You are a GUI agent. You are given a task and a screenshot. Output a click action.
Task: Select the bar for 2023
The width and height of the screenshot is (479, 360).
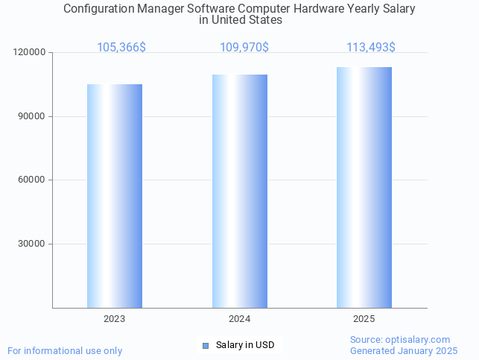pos(115,195)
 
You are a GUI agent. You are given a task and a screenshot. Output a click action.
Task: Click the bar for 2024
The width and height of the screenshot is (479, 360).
pos(240,191)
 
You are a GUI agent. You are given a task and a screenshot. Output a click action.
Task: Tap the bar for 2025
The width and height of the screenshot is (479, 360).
pos(364,187)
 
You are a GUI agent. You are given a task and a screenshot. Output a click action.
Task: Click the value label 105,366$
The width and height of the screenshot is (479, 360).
pos(121,48)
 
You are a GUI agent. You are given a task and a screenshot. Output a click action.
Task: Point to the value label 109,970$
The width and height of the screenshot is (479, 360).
pos(244,48)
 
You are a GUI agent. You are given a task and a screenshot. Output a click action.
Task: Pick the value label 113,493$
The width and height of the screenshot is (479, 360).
pos(371,48)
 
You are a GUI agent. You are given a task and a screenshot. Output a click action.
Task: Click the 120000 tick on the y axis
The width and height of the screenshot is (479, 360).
pos(30,53)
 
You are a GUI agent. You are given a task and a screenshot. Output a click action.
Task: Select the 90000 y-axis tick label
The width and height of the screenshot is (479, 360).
pos(32,116)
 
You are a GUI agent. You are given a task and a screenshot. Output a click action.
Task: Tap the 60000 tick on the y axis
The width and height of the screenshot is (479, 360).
pos(32,180)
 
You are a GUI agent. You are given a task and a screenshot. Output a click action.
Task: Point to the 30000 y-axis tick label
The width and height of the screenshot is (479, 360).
pos(32,244)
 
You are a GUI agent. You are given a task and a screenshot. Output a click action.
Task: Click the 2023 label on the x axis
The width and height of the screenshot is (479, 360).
pos(115,319)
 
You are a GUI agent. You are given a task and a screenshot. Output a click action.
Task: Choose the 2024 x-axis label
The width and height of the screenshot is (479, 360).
pos(239,319)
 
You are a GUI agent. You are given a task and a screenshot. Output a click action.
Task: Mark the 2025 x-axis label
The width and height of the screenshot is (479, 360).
pos(364,319)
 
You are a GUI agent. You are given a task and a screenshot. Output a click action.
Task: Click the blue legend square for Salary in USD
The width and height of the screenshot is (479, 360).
pos(206,345)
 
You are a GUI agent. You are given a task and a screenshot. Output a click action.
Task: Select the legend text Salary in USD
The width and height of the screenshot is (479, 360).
pos(245,345)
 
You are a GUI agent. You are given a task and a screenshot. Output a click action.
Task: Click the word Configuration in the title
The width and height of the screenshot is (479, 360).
pos(99,9)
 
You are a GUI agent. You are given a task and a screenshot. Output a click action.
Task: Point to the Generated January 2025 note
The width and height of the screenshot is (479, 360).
pos(404,350)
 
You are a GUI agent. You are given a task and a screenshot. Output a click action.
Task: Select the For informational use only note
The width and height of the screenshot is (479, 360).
pos(65,350)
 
